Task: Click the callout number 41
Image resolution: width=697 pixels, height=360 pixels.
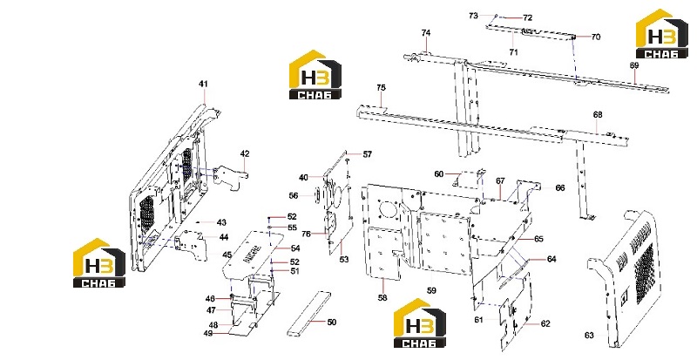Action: (x=203, y=84)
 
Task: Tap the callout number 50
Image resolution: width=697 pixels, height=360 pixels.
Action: (x=332, y=323)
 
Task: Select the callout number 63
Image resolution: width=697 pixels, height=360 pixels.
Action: (x=589, y=336)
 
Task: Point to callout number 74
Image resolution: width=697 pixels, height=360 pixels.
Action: (x=426, y=33)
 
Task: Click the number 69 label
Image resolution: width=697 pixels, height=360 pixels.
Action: (x=634, y=65)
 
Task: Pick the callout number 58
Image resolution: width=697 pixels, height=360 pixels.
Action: (x=382, y=298)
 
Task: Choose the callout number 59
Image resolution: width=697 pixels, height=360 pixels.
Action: (x=431, y=290)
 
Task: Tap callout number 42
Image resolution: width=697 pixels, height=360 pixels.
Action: (x=245, y=154)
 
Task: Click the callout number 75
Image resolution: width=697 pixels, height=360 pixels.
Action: (x=381, y=88)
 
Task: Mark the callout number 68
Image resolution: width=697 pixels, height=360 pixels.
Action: (x=598, y=115)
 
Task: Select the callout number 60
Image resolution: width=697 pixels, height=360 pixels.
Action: (x=439, y=174)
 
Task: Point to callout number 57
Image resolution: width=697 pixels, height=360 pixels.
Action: (x=367, y=154)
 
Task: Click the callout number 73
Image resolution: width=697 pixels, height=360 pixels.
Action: (x=473, y=16)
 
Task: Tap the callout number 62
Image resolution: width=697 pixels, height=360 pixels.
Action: (x=545, y=324)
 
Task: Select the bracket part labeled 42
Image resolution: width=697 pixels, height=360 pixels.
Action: (x=230, y=177)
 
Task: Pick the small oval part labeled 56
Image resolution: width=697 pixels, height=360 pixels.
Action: (x=317, y=195)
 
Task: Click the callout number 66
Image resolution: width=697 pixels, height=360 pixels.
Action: (x=560, y=188)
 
